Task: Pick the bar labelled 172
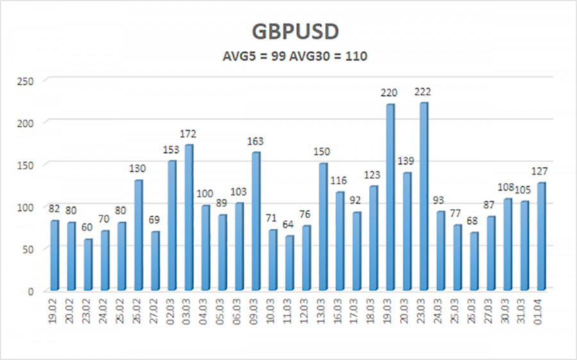(x=188, y=217)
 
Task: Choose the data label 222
(x=423, y=92)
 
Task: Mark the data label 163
(x=255, y=142)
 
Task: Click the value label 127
(x=541, y=172)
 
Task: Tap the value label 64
(x=289, y=225)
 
